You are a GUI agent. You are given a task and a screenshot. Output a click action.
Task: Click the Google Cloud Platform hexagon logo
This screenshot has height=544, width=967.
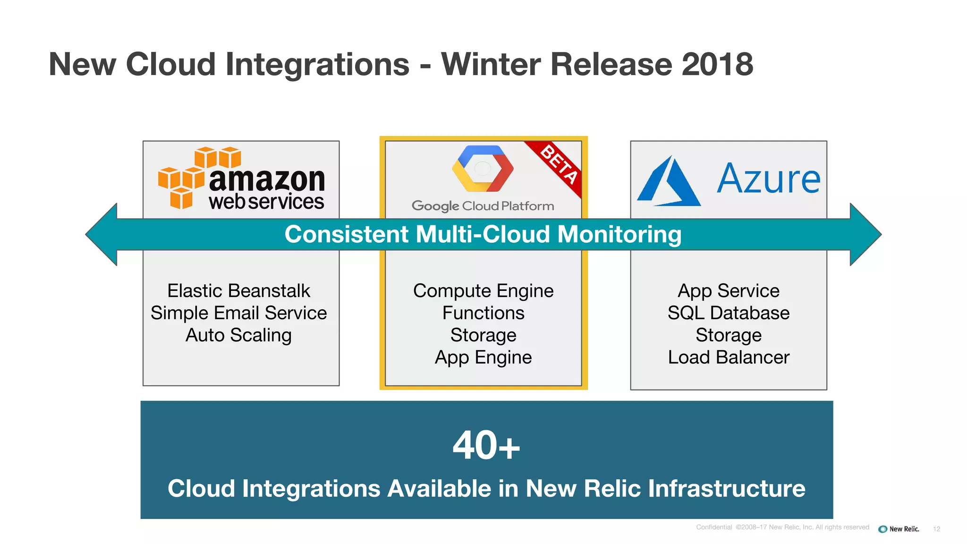pyautogui.click(x=483, y=169)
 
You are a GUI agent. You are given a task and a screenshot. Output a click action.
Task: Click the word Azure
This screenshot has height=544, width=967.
pyautogui.click(x=769, y=179)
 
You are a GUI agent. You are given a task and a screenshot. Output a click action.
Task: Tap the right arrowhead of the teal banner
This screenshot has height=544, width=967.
pyautogui.click(x=865, y=234)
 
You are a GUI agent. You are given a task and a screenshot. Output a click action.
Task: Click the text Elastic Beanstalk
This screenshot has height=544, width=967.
pyautogui.click(x=238, y=291)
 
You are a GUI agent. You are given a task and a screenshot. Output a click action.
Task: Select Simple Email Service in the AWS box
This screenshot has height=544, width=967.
pyautogui.click(x=238, y=313)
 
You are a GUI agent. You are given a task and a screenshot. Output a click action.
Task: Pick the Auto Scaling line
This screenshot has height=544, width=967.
pyautogui.click(x=238, y=335)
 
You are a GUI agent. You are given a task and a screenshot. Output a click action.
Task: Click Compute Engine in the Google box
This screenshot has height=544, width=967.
pyautogui.click(x=483, y=291)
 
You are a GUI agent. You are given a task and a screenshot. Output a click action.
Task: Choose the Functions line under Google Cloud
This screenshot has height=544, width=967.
pyautogui.click(x=483, y=313)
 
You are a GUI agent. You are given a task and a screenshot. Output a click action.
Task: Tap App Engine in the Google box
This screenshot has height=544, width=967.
pyautogui.click(x=483, y=357)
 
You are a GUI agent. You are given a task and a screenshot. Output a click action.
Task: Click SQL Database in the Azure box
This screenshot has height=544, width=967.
pyautogui.click(x=728, y=313)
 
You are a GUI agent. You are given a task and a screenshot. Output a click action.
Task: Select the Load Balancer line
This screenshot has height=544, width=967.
pyautogui.click(x=728, y=357)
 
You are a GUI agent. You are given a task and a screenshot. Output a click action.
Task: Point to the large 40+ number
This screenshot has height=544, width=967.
pyautogui.click(x=486, y=445)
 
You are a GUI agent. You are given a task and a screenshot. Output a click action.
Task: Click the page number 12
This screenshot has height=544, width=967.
pyautogui.click(x=937, y=529)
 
